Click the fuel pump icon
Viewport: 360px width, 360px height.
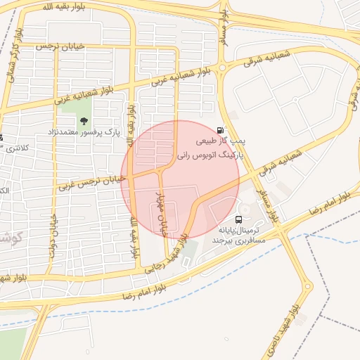tap(222, 130)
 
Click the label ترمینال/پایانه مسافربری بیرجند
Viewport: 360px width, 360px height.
tap(239, 235)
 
